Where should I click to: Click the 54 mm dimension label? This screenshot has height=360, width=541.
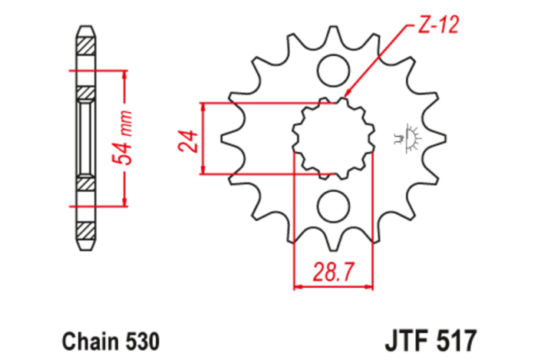124,138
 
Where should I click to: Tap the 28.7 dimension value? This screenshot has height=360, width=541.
333,272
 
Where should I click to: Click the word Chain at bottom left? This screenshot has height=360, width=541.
85,339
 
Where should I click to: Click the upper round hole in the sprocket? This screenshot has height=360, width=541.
333,71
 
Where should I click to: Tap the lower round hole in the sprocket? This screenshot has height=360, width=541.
333,206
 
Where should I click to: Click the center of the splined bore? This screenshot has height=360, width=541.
333,138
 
